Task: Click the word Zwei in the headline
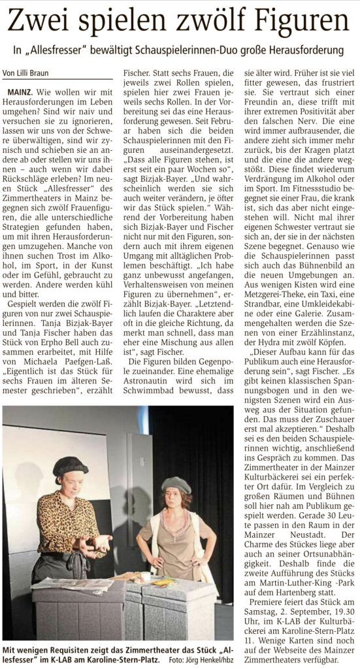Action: [40, 22]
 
